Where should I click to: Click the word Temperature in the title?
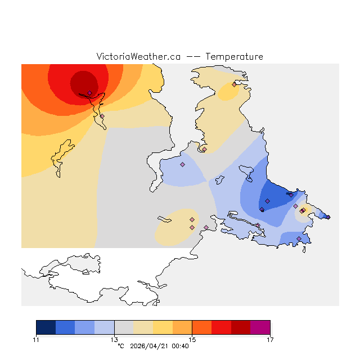pyautogui.click(x=234, y=57)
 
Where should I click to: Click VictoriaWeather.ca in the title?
pyautogui.click(x=138, y=57)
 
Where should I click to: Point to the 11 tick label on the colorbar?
pyautogui.click(x=36, y=339)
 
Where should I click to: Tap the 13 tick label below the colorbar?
pyautogui.click(x=114, y=339)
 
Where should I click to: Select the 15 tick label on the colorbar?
pyautogui.click(x=192, y=339)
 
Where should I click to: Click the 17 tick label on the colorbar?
pyautogui.click(x=270, y=339)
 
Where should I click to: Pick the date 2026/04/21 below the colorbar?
pyautogui.click(x=148, y=346)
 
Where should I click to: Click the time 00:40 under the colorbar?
pyautogui.click(x=180, y=346)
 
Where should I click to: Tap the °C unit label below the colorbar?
pyautogui.click(x=120, y=346)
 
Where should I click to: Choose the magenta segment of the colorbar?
pyautogui.click(x=260, y=327)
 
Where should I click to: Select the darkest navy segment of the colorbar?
pyautogui.click(x=46, y=327)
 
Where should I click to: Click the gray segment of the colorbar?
pyautogui.click(x=124, y=327)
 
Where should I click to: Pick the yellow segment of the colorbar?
pyautogui.click(x=163, y=327)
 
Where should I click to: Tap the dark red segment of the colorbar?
pyautogui.click(x=241, y=327)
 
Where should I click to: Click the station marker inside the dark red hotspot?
pyautogui.click(x=89, y=93)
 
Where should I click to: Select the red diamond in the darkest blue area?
pyautogui.click(x=268, y=201)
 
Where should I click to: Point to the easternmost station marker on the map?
pyautogui.click(x=328, y=217)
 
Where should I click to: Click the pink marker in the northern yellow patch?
pyautogui.click(x=234, y=85)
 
